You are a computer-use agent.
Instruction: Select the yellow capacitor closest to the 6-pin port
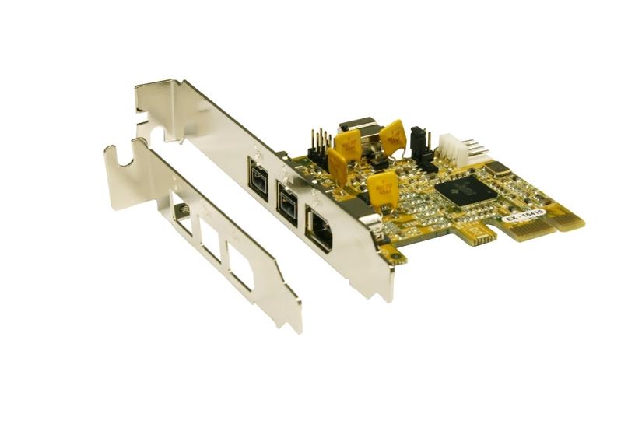coord(381,189)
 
